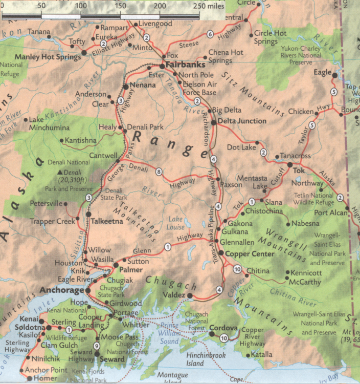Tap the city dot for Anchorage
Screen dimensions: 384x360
click(87, 290)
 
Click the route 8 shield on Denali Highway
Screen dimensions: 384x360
click(159, 172)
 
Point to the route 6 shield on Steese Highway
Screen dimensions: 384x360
click(210, 34)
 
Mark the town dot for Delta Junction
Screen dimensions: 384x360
click(213, 122)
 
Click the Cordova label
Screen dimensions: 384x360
click(224, 328)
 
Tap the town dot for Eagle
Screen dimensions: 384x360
click(335, 75)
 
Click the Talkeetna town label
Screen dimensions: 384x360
click(107, 221)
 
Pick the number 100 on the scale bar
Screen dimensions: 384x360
click(80, 6)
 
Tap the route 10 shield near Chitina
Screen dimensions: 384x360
click(237, 269)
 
